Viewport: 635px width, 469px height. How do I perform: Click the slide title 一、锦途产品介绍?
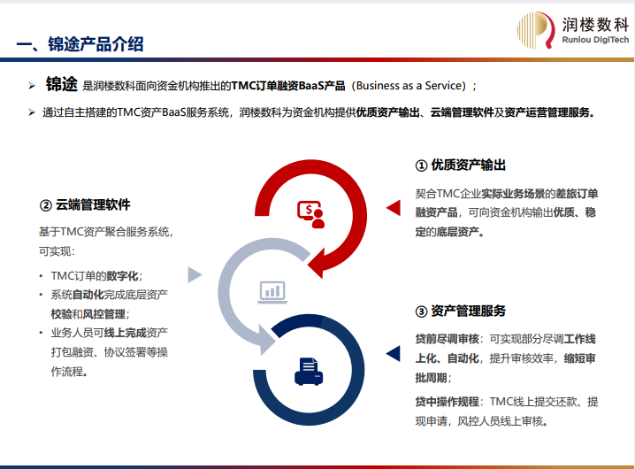coord(80,44)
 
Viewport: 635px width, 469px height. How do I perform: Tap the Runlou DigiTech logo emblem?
coord(536,30)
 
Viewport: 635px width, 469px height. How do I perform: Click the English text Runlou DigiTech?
coord(595,40)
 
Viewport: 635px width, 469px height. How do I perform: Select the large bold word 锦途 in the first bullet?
coord(62,84)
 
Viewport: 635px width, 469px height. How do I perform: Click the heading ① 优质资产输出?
coord(461,165)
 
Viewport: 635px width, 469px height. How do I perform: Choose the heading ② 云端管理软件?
coord(85,204)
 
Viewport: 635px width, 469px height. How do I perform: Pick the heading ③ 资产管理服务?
coord(461,311)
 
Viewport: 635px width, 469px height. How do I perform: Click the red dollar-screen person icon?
coord(311,214)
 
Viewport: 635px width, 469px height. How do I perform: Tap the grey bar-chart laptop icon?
coord(272,292)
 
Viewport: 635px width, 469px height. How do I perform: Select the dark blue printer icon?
coord(309,372)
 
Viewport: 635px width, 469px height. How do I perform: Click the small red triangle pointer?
coord(394,208)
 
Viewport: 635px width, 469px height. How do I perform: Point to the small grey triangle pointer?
coord(195,275)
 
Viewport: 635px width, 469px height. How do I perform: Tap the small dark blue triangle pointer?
coord(394,353)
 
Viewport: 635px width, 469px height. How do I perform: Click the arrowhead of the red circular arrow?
coord(317,265)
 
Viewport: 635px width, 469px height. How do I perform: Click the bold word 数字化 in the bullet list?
coord(122,276)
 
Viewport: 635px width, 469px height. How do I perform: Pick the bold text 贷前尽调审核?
coord(448,339)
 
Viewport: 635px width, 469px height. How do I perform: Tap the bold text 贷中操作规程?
coord(448,402)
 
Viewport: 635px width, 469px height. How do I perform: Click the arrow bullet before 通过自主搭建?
coord(32,112)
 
